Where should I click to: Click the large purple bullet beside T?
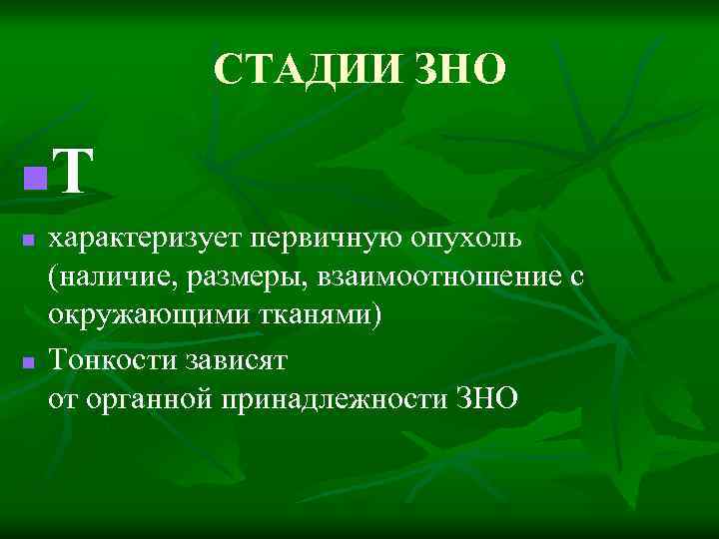(x=35, y=179)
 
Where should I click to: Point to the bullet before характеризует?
(x=30, y=241)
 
